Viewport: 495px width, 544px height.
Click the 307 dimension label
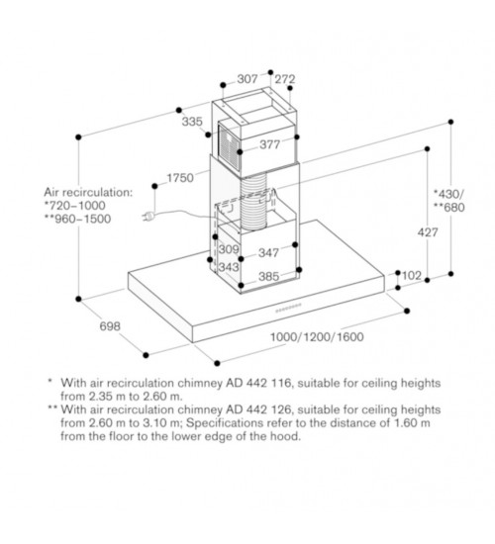(x=247, y=79)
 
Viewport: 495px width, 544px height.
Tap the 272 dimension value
(x=285, y=79)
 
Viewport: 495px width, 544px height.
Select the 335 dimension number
(x=192, y=122)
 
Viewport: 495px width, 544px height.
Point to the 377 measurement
(x=270, y=144)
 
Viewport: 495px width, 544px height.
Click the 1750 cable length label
(x=180, y=178)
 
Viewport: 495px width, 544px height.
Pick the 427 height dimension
(x=428, y=232)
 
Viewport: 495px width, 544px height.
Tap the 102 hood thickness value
(x=412, y=276)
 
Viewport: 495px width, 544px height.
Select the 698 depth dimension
(x=110, y=326)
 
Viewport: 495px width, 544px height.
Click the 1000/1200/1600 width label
(x=317, y=337)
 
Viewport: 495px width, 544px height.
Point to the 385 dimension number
(x=269, y=277)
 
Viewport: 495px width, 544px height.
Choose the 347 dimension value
(x=268, y=252)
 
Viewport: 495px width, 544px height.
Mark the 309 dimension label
(x=229, y=249)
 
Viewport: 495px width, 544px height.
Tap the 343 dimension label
(x=229, y=267)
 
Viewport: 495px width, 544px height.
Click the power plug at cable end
(x=148, y=217)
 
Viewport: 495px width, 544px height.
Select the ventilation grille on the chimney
(x=230, y=146)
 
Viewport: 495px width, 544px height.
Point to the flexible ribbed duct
(x=253, y=202)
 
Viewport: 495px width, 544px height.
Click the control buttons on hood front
(x=289, y=308)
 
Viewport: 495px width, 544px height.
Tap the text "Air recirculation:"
(x=88, y=192)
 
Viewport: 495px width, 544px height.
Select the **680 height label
(x=449, y=207)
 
